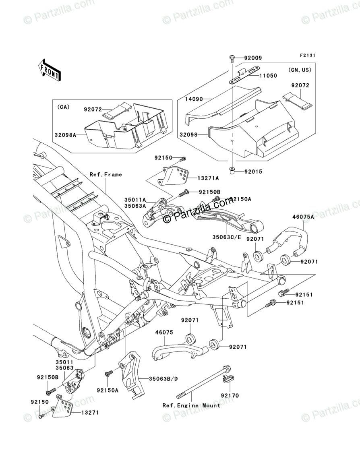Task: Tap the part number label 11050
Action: pos(268,75)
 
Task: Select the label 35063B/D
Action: pos(162,379)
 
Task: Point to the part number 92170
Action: pos(230,396)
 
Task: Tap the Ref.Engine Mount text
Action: pos(191,405)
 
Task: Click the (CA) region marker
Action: pos(63,107)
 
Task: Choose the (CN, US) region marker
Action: pos(300,70)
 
